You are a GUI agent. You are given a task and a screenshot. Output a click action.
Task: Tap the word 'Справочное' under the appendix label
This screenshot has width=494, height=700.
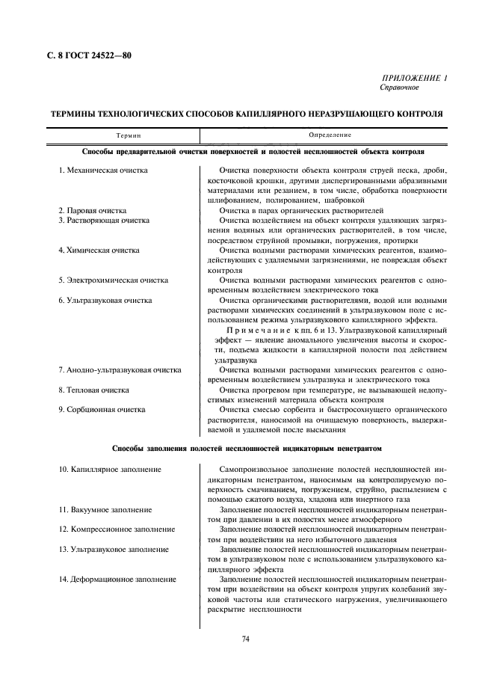pos(400,88)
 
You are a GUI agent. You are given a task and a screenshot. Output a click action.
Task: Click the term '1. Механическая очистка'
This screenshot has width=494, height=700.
pos(103,171)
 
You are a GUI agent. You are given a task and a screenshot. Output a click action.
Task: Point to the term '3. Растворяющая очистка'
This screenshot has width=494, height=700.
pos(104,221)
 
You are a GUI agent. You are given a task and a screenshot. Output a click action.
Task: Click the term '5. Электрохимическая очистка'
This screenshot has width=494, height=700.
pos(113,280)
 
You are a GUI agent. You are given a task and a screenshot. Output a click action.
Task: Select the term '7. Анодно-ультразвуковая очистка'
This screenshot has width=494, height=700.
pos(120,370)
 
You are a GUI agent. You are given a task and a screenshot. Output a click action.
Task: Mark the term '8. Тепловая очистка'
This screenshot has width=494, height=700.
pos(93,390)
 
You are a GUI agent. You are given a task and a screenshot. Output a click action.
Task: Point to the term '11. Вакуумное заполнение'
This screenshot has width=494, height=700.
pos(105,509)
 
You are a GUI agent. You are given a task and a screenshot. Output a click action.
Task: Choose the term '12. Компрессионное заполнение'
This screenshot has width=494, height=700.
pos(117,529)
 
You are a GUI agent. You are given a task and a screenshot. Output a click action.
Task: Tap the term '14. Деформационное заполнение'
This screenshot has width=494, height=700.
pos(117,579)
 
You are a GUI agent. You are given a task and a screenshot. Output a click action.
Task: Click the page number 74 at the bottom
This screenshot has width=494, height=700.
pos(246,639)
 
